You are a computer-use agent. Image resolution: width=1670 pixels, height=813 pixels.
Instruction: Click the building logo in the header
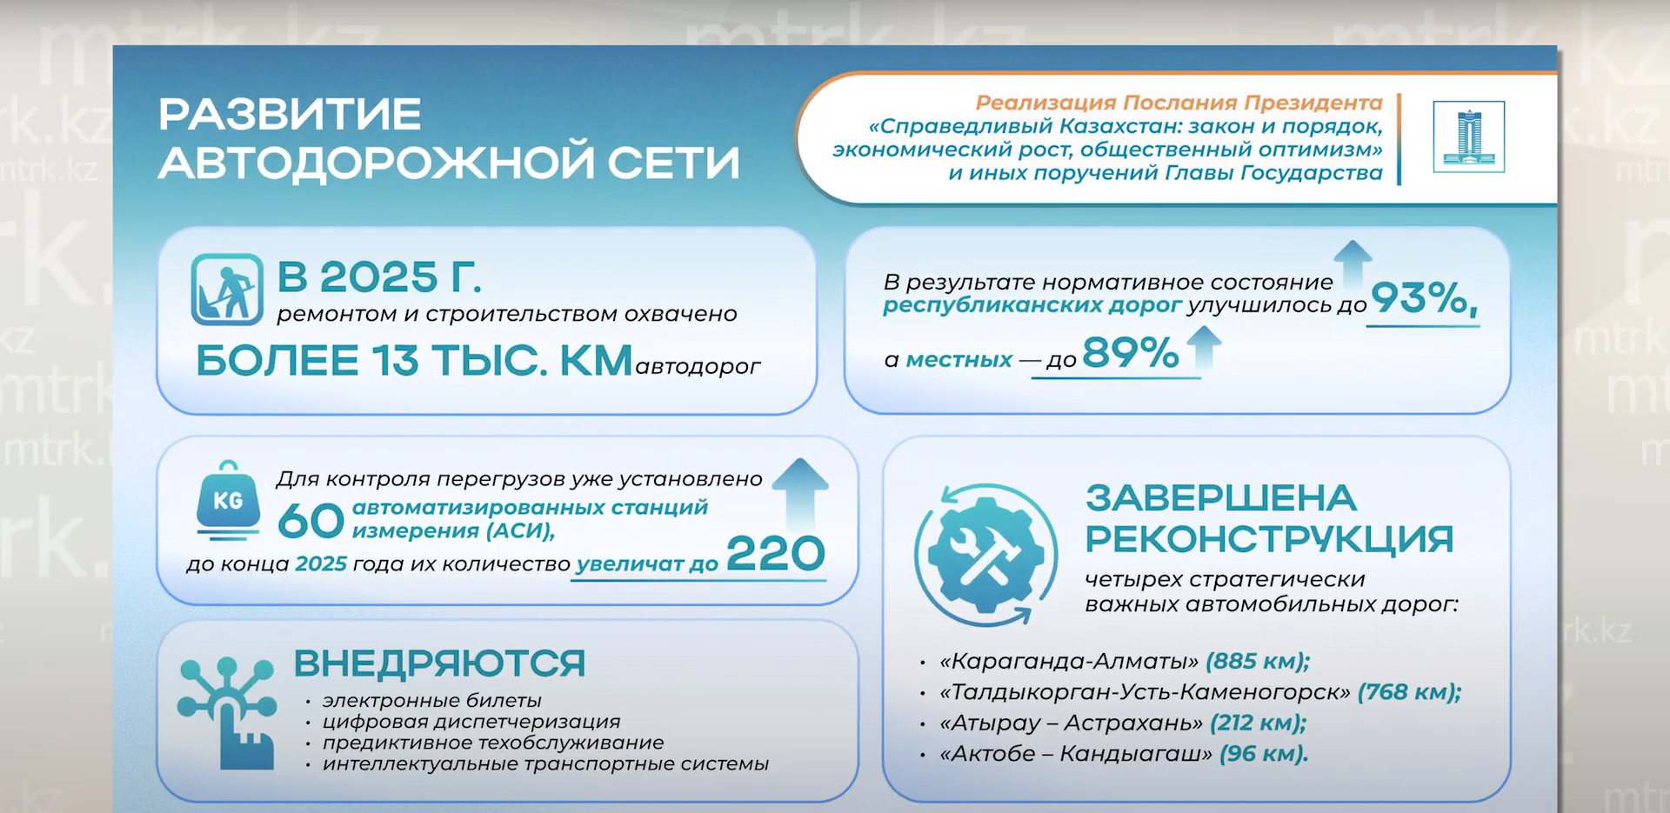click(1468, 137)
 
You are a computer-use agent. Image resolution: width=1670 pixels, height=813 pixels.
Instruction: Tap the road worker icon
click(227, 290)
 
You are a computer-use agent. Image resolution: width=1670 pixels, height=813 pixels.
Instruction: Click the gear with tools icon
click(985, 555)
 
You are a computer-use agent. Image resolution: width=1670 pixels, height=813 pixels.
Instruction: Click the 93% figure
click(1423, 298)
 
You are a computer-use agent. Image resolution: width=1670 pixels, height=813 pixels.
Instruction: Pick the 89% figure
click(1130, 353)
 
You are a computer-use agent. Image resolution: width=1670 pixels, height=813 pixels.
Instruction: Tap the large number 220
click(775, 553)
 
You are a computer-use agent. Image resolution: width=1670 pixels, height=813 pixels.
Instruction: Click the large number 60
click(311, 521)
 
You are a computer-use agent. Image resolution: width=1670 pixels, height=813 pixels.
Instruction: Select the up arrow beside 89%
click(1204, 348)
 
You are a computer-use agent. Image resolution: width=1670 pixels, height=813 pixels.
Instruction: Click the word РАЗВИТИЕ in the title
click(290, 115)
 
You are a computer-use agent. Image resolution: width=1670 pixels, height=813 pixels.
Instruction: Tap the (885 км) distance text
click(1258, 661)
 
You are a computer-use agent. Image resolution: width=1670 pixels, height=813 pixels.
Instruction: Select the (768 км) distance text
click(1409, 692)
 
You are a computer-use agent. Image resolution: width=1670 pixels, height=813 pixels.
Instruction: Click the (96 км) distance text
click(1264, 753)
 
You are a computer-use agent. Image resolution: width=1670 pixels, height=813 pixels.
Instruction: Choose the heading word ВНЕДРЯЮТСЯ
click(439, 663)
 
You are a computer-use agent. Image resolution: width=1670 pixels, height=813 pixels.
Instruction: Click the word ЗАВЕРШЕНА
click(1220, 498)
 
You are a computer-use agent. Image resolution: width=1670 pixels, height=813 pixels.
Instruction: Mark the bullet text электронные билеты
click(432, 700)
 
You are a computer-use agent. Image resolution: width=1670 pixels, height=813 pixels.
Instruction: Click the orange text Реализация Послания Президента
click(1179, 103)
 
